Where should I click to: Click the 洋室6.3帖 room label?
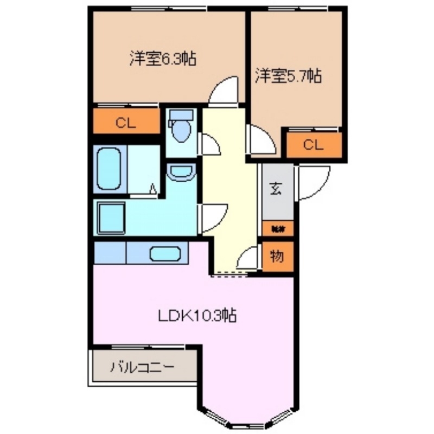click(162, 58)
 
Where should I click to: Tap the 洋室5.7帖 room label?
click(289, 76)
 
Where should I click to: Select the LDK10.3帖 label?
click(197, 315)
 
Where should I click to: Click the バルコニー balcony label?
click(143, 367)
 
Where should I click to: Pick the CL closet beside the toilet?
click(125, 123)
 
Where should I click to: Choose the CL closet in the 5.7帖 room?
click(314, 145)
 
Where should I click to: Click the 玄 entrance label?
click(276, 190)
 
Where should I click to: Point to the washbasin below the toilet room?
click(181, 173)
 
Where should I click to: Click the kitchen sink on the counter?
click(166, 253)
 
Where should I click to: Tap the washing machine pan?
click(111, 217)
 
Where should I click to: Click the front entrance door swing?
click(312, 183)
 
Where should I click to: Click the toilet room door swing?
click(210, 144)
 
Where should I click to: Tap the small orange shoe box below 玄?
click(277, 229)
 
